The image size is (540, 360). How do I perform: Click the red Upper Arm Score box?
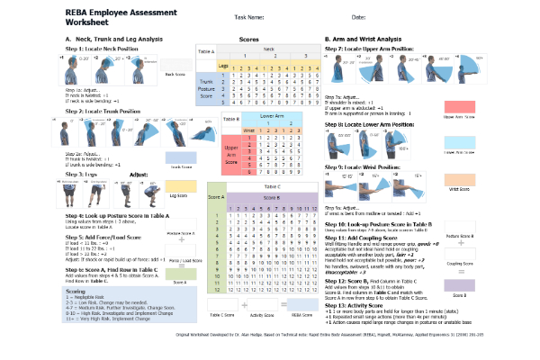[x=509, y=106]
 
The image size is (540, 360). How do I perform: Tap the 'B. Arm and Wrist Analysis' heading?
[x=363, y=40]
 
